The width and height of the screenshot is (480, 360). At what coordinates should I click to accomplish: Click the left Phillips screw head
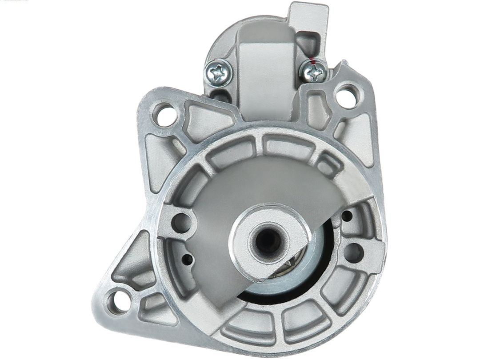(x=218, y=73)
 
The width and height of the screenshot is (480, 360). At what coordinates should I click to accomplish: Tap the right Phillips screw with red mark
(x=314, y=71)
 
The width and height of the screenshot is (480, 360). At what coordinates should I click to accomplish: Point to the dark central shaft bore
(x=268, y=241)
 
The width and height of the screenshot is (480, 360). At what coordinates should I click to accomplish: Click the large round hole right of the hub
(x=353, y=252)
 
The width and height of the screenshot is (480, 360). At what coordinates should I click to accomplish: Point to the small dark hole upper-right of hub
(x=347, y=216)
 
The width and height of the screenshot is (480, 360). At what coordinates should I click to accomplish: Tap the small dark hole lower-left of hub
(x=188, y=260)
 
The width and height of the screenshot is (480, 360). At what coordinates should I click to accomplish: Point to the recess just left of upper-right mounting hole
(x=319, y=109)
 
